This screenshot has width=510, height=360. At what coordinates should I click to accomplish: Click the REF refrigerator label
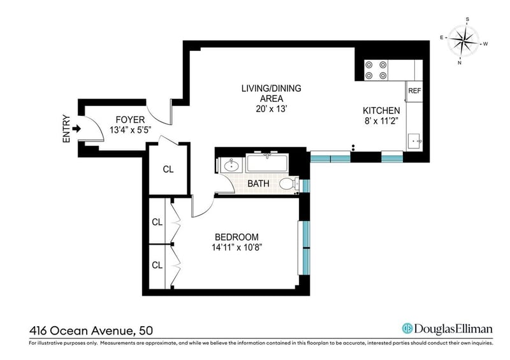[x=414, y=91]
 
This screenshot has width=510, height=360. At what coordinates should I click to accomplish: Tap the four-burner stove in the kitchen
[x=376, y=70]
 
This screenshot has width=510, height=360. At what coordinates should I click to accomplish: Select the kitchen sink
[x=414, y=141]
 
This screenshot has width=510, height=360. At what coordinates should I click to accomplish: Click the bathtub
[x=267, y=163]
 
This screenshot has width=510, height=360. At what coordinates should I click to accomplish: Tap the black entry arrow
[x=76, y=129]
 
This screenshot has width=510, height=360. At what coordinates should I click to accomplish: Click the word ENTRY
[x=66, y=129]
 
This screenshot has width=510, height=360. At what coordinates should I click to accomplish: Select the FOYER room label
[x=130, y=120]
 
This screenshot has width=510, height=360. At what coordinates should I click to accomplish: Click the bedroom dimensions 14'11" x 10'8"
[x=237, y=248]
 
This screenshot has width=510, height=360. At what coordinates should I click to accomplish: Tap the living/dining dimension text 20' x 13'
[x=271, y=109]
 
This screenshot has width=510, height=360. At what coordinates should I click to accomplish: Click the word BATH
[x=258, y=184]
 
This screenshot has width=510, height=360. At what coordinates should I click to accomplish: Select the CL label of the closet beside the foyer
[x=168, y=169]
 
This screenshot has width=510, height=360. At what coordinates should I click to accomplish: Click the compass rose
[x=463, y=41]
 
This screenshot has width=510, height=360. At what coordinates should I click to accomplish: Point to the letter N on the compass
[x=460, y=63]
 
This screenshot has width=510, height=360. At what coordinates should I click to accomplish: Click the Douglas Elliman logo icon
[x=407, y=328]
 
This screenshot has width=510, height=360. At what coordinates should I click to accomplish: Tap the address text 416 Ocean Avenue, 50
[x=91, y=331]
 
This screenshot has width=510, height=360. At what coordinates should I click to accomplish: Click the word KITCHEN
[x=381, y=111]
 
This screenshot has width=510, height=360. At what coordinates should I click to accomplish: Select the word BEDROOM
[x=237, y=237]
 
